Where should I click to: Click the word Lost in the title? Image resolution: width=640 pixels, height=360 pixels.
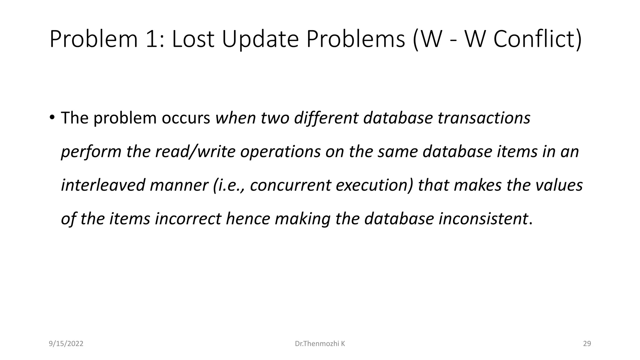(x=193, y=39)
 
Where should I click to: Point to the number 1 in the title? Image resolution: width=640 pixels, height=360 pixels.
(x=153, y=39)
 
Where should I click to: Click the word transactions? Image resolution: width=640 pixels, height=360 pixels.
(x=484, y=118)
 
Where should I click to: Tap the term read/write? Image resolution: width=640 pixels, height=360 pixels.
(x=195, y=152)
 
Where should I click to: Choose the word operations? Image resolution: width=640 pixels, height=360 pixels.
(x=280, y=152)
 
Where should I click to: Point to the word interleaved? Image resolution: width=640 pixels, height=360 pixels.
(x=103, y=185)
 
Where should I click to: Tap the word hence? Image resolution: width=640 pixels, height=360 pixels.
(x=248, y=218)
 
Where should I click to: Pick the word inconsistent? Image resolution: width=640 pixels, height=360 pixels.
(x=483, y=218)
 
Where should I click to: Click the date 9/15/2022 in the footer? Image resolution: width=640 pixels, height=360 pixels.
(x=66, y=344)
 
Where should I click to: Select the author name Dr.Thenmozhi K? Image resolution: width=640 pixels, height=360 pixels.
(x=320, y=344)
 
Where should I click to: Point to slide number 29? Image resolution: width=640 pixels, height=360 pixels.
(x=587, y=344)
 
